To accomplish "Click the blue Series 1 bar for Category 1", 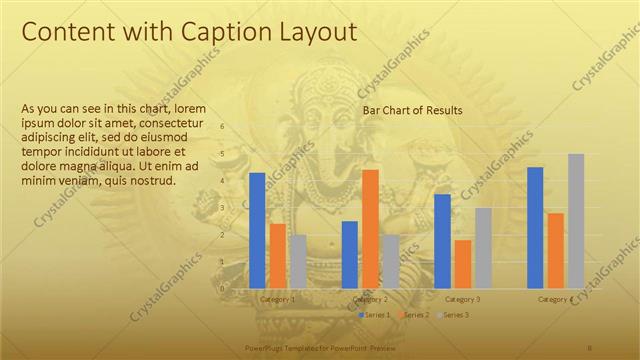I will [x=257, y=230].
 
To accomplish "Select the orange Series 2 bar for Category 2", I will [x=370, y=229].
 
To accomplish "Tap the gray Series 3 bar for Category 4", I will [x=576, y=221].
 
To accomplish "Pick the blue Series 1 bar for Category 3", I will [x=442, y=241].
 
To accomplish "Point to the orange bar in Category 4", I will [x=555, y=250].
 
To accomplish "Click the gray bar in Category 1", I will [x=298, y=261].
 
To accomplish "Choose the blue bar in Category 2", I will [x=350, y=254].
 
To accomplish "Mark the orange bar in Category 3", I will [x=462, y=263].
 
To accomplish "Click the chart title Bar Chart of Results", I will [x=412, y=110].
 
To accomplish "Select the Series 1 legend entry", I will [x=375, y=315].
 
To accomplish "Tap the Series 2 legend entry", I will [x=414, y=315].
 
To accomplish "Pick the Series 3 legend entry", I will [x=453, y=315].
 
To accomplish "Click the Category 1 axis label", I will [x=277, y=299].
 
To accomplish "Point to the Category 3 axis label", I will [x=462, y=299].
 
